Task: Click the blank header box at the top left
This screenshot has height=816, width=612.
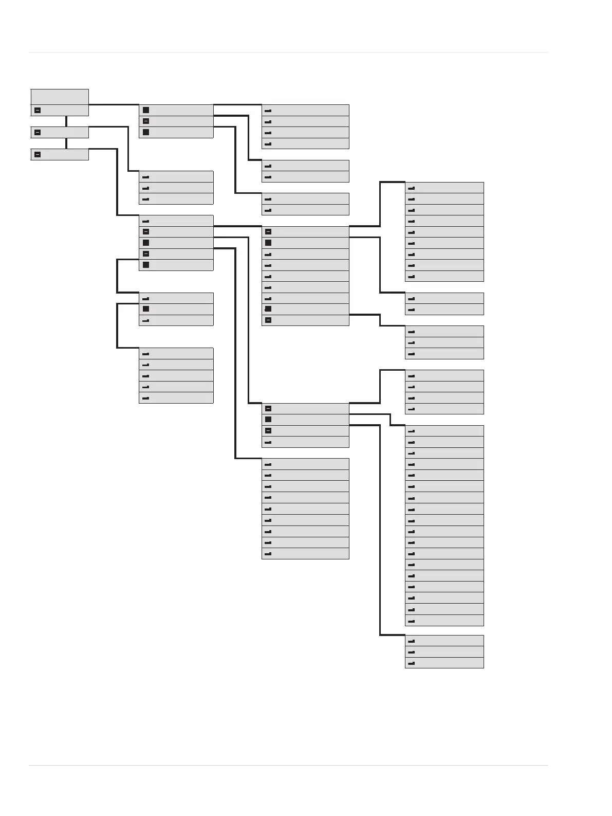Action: coord(60,97)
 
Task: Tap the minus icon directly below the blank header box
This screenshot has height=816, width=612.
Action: coord(38,110)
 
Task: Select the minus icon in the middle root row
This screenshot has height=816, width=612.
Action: coord(38,132)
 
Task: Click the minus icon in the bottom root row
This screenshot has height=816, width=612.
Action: coord(38,154)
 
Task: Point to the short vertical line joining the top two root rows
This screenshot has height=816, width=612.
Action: coord(66,121)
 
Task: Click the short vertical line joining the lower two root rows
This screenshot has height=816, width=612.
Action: coord(66,143)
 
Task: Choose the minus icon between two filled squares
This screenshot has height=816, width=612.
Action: coord(146,121)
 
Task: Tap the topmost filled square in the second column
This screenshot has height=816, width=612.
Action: coord(146,110)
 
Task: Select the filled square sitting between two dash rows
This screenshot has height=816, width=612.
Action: coord(146,309)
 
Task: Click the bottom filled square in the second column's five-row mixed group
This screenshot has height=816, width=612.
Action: coord(146,265)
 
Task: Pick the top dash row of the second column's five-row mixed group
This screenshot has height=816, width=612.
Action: coord(176,221)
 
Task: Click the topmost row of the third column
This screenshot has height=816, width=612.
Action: coord(305,110)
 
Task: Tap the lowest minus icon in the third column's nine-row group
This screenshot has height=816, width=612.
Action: coord(268,320)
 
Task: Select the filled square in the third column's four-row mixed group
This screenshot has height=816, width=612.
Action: coord(268,420)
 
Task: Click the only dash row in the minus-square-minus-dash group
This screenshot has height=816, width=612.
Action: coord(305,442)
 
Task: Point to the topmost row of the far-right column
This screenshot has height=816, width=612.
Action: coord(444,188)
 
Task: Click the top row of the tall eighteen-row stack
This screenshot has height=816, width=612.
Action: coord(444,431)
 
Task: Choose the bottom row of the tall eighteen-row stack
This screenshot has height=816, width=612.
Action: coord(444,621)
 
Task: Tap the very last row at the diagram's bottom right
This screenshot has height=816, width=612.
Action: coord(444,663)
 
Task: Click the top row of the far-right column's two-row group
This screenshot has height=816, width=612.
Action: coord(444,298)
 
